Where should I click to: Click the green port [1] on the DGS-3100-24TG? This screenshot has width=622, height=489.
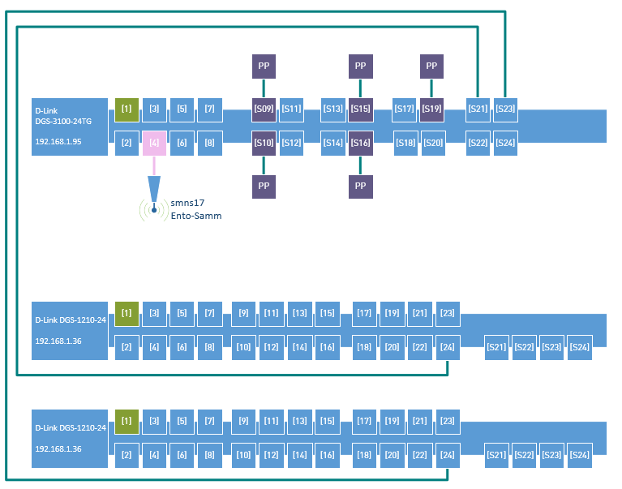pyautogui.click(x=127, y=109)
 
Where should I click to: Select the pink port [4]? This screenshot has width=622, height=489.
pyautogui.click(x=154, y=143)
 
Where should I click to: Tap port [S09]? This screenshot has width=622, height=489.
pyautogui.click(x=264, y=109)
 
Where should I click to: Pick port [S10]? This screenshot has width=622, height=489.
pyautogui.click(x=264, y=143)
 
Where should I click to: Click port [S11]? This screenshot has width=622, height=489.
pyautogui.click(x=291, y=109)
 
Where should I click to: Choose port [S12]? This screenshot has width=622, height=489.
pyautogui.click(x=291, y=143)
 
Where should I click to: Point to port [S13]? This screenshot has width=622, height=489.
pyautogui.click(x=332, y=109)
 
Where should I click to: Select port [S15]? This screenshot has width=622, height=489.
pyautogui.click(x=360, y=109)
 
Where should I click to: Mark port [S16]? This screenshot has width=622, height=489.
pyautogui.click(x=360, y=143)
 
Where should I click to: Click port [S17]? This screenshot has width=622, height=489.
pyautogui.click(x=404, y=109)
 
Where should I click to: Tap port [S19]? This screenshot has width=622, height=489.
pyautogui.click(x=431, y=109)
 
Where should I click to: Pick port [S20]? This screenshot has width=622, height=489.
pyautogui.click(x=433, y=143)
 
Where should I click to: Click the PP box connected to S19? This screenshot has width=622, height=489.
pyautogui.click(x=431, y=66)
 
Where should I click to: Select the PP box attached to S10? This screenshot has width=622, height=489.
pyautogui.click(x=264, y=186)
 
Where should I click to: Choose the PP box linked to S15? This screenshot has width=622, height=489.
pyautogui.click(x=360, y=66)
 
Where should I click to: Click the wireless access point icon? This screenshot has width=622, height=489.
pyautogui.click(x=153, y=209)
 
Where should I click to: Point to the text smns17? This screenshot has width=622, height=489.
pyautogui.click(x=187, y=202)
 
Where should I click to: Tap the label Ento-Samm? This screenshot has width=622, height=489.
pyautogui.click(x=195, y=216)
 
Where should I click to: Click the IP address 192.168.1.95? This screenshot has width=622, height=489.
pyautogui.click(x=58, y=141)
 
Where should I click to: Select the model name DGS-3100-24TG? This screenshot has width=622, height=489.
pyautogui.click(x=62, y=120)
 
